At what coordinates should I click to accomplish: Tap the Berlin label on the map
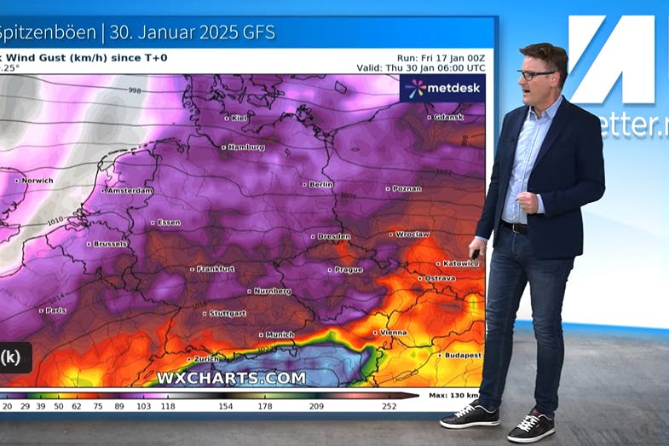pyautogui.click(x=320, y=184)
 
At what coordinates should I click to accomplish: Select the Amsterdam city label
pyautogui.click(x=130, y=191)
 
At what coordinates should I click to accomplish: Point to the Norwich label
pyautogui.click(x=37, y=181)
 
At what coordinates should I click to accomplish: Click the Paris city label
pyautogui.click(x=55, y=310)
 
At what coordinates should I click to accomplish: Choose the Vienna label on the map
pyautogui.click(x=393, y=333)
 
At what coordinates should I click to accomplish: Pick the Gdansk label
pyautogui.click(x=448, y=117)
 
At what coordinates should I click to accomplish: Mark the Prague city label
pyautogui.click(x=349, y=270)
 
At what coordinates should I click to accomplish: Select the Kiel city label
pyautogui.click(x=239, y=119)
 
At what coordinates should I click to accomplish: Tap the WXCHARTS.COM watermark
pyautogui.click(x=231, y=377)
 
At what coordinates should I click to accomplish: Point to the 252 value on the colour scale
pyautogui.click(x=389, y=407)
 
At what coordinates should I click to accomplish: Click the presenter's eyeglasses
pyautogui.click(x=536, y=75)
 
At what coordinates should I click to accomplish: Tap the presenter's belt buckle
pyautogui.click(x=516, y=227)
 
